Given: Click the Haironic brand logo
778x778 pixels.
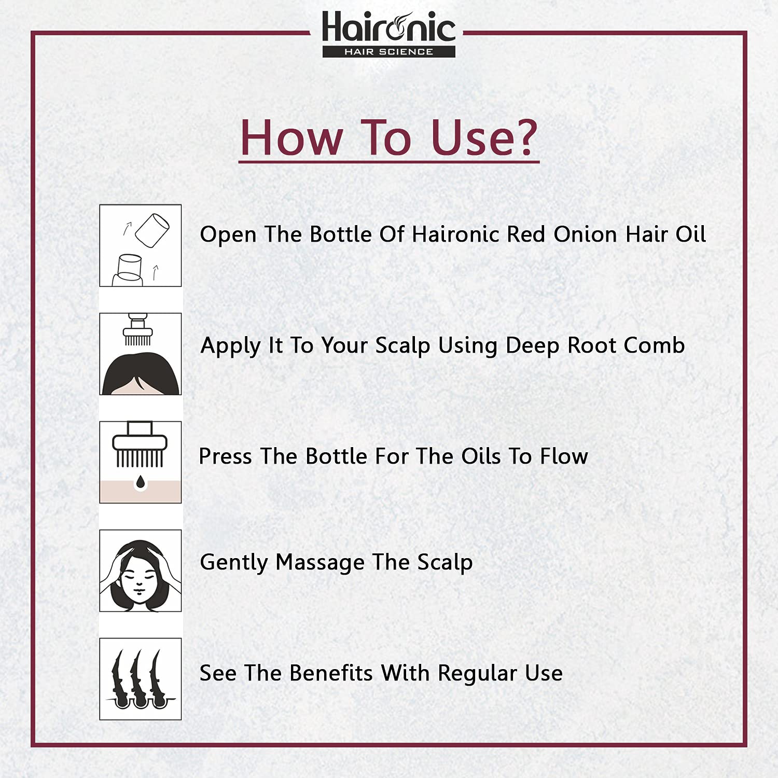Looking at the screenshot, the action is (389, 34).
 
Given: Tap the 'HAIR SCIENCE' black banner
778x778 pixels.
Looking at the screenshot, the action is (389, 51).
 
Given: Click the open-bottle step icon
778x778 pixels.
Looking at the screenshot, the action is (141, 245).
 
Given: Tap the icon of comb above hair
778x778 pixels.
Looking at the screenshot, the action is (141, 354).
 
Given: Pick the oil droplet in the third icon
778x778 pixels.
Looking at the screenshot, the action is (141, 482).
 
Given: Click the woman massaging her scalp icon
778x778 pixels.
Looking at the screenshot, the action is (141, 571).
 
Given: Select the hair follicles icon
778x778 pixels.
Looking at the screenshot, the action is (141, 679).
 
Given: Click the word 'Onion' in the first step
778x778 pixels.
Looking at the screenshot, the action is (585, 234).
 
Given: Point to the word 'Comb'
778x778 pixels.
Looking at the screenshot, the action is (654, 345).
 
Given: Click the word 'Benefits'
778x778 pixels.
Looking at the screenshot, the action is (331, 673).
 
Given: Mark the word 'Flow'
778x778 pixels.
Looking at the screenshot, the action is (564, 456).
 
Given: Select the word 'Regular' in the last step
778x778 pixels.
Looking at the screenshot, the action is (478, 674).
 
